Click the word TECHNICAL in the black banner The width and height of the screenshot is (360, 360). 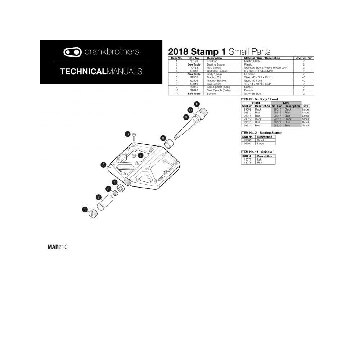point(82,71)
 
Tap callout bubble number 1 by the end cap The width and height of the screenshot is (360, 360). point(85,209)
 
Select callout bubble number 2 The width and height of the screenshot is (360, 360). point(98,197)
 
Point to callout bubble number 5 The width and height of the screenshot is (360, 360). point(103,165)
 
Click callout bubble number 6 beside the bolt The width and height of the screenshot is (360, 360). point(127,134)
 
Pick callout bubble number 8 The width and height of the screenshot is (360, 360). point(163,138)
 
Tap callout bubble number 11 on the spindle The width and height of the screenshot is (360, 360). point(197,104)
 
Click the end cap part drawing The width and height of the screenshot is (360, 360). point(93,213)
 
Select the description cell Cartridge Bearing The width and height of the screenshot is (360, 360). point(217,71)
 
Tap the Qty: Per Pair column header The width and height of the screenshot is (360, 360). point(303,58)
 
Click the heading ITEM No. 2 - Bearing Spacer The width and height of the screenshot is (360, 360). point(261,133)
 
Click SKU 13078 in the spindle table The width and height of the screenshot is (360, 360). point(247,162)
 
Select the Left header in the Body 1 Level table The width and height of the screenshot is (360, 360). point(286,103)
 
